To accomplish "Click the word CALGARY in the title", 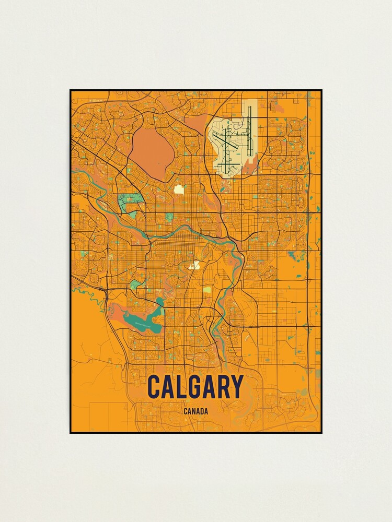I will (x=195, y=387).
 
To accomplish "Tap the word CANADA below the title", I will (x=196, y=411).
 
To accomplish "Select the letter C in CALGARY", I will (x=154, y=387).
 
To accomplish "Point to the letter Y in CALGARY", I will (x=237, y=387).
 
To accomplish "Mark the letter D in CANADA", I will (x=202, y=411).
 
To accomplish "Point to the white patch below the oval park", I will (x=179, y=189).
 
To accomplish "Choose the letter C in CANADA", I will (x=186, y=411).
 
